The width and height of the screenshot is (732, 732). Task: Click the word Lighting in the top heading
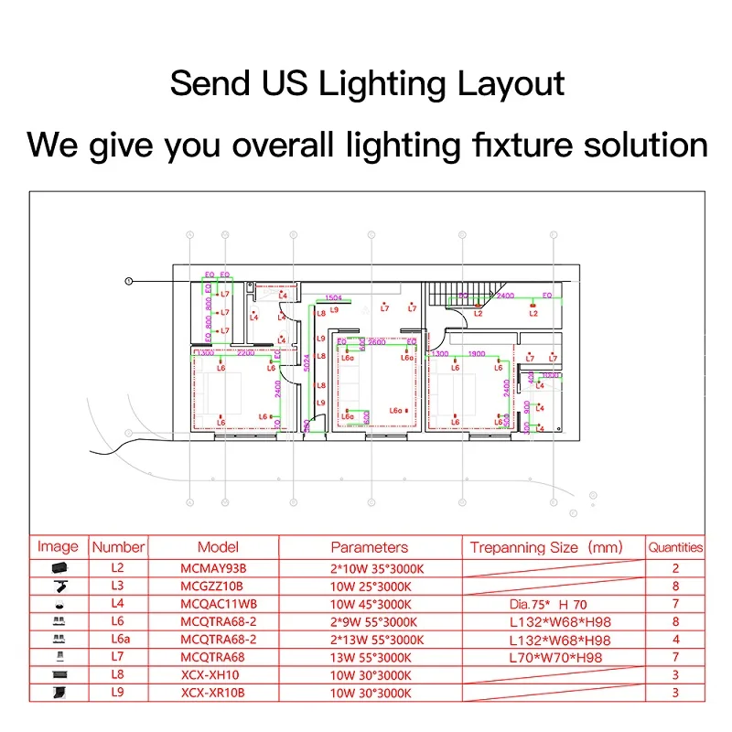(x=382, y=84)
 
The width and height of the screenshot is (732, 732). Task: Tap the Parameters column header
(x=370, y=547)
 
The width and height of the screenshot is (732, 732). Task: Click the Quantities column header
(x=675, y=547)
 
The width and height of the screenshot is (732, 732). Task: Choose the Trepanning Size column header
(x=545, y=547)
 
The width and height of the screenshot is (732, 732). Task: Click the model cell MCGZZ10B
(x=211, y=587)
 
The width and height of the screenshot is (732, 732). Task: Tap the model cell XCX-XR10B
(x=211, y=693)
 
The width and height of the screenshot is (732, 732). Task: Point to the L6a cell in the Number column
(x=119, y=640)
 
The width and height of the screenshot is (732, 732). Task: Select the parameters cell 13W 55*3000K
(x=370, y=657)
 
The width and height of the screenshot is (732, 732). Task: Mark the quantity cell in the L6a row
(x=675, y=640)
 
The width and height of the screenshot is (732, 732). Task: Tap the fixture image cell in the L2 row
(x=58, y=568)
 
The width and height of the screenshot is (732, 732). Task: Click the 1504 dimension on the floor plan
(x=333, y=298)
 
